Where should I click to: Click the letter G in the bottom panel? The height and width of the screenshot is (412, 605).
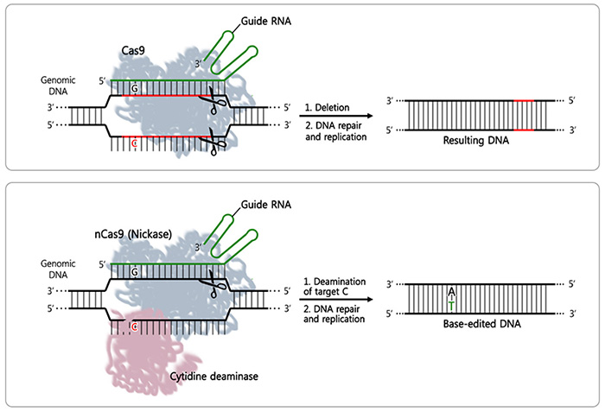coord(134,269)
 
